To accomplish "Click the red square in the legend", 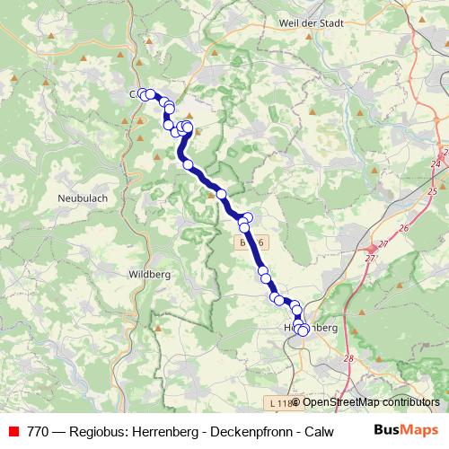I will pos(13,430).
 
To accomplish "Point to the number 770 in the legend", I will pos(39,430).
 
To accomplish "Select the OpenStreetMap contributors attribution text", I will pos(371,402).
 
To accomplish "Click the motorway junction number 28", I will pos(349,359).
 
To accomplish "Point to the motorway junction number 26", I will pos(403,228).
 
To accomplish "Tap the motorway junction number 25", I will pos(433,191).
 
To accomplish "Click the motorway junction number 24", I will pos(436,163).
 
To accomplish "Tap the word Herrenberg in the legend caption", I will pos(165,430).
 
